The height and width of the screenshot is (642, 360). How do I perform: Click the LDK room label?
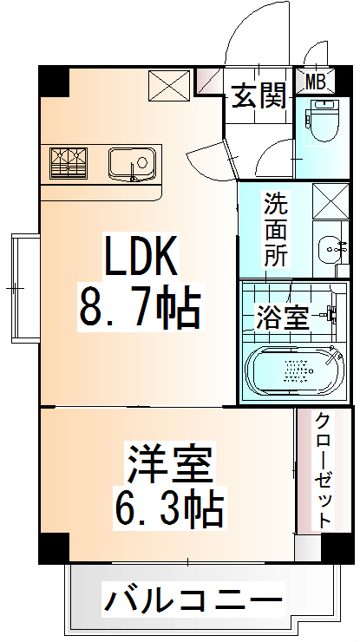click(x=142, y=256)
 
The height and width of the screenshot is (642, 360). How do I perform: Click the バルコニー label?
click(x=194, y=599)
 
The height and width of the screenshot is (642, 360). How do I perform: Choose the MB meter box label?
click(x=316, y=82)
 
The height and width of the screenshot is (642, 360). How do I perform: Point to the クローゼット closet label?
click(x=323, y=469)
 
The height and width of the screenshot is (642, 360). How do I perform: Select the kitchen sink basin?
click(x=132, y=162)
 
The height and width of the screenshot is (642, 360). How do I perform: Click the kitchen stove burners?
click(x=69, y=162)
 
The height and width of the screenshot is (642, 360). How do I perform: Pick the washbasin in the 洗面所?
click(x=331, y=248)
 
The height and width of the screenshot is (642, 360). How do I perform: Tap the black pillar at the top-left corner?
click(x=54, y=82)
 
